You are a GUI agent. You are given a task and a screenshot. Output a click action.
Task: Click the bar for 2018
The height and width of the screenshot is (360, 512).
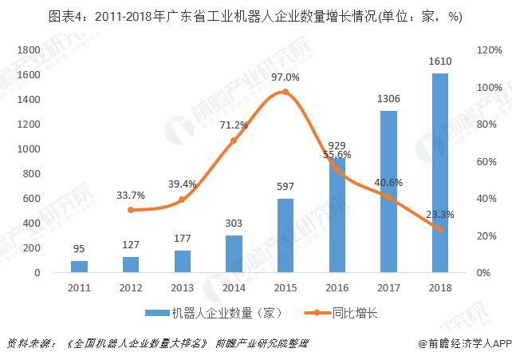pyautogui.click(x=439, y=172)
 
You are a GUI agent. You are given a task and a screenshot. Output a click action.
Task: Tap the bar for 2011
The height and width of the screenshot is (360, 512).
pyautogui.click(x=79, y=266)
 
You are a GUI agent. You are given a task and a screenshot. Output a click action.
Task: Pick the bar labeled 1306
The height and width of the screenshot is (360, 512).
pyautogui.click(x=388, y=192)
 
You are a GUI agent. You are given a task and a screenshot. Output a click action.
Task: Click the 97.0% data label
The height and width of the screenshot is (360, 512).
pyautogui.click(x=285, y=77)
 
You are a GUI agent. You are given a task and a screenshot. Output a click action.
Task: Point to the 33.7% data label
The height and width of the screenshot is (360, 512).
pyautogui.click(x=130, y=195)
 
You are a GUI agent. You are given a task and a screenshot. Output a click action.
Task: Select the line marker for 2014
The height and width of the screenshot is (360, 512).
pyautogui.click(x=234, y=140)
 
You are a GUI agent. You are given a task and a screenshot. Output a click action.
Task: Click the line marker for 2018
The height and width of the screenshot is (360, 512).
pyautogui.click(x=439, y=229)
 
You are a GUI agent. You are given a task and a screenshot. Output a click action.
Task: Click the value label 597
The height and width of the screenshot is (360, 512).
pyautogui.click(x=285, y=186)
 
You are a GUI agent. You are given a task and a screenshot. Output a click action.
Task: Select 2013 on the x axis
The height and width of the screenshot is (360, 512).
pyautogui.click(x=182, y=287)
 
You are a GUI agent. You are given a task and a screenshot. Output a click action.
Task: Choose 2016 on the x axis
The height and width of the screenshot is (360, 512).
pyautogui.click(x=337, y=287)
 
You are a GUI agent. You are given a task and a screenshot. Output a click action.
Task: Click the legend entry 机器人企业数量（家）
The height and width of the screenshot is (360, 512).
pyautogui.click(x=214, y=313)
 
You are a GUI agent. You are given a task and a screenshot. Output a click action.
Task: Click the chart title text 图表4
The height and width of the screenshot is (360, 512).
pyautogui.click(x=67, y=16)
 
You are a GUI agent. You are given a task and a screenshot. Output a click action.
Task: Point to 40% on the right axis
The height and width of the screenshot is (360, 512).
pyautogui.click(x=487, y=198)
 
